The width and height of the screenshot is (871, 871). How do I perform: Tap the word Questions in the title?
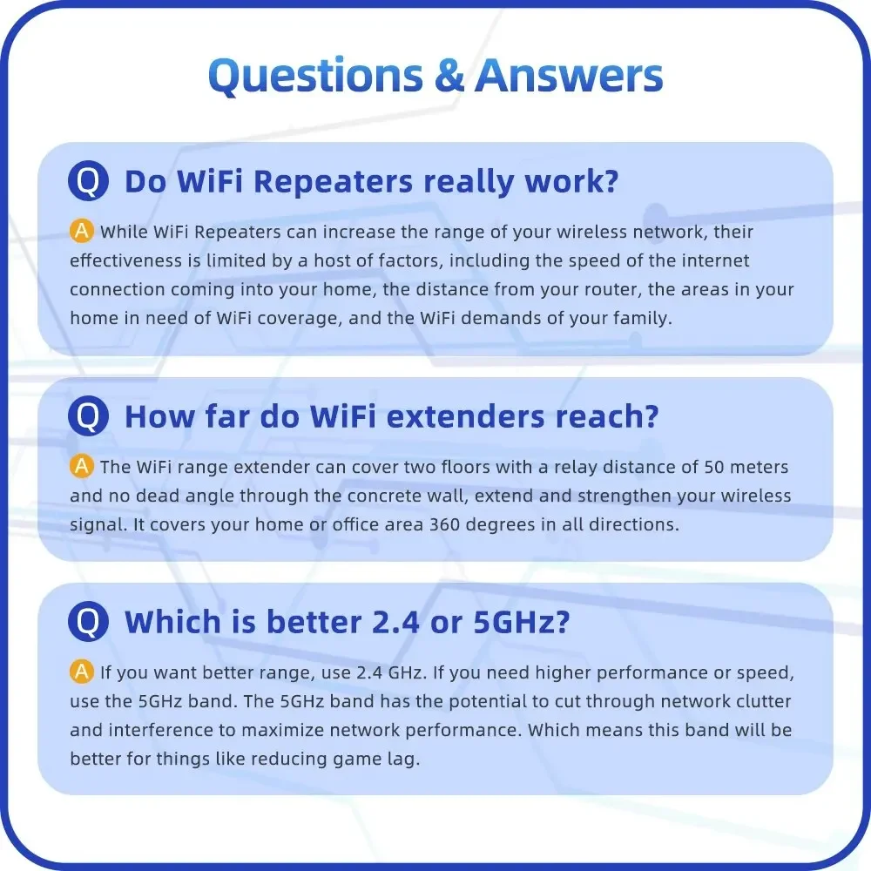coord(317,77)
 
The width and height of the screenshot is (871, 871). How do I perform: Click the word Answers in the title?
coord(569,77)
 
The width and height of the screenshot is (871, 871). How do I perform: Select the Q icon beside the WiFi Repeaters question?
coord(88,182)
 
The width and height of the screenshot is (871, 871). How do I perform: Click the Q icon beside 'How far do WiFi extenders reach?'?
coord(88,416)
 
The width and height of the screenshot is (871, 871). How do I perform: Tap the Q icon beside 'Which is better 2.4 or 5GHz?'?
coord(88,622)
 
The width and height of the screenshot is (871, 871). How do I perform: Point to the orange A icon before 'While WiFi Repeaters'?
coord(81,232)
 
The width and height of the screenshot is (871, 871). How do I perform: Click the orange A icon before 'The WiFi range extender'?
coord(81,467)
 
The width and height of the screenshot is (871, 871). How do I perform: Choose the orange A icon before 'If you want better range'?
coord(81,672)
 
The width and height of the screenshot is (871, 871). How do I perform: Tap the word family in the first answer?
coord(640,318)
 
